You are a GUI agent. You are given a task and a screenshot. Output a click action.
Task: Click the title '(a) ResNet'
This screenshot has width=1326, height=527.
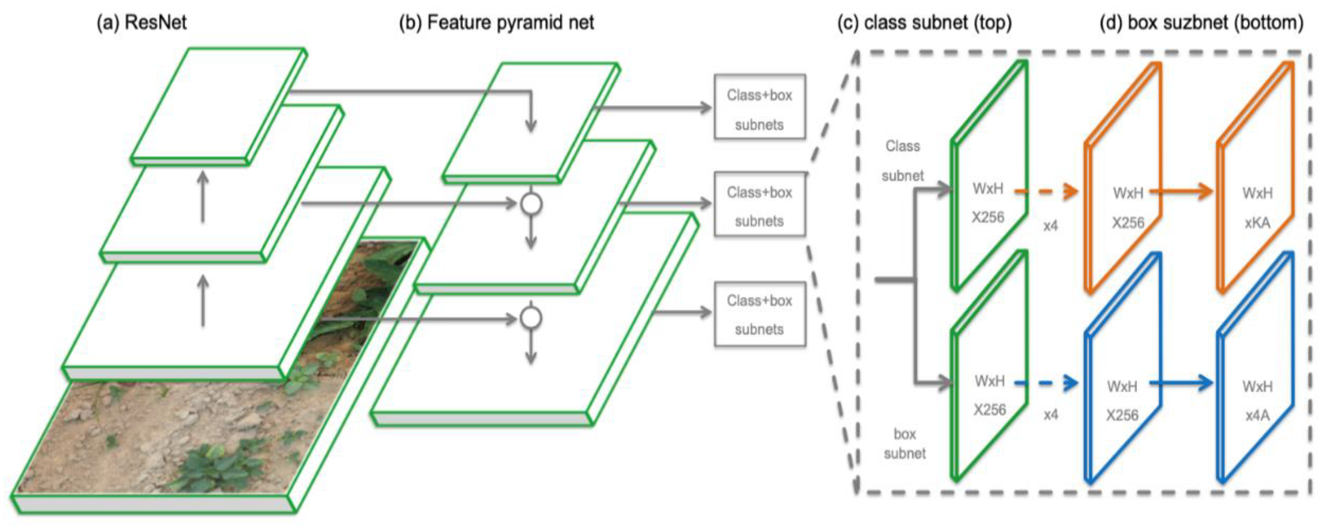click(x=142, y=23)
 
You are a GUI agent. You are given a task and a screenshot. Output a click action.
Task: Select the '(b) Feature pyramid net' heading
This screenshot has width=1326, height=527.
click(x=496, y=23)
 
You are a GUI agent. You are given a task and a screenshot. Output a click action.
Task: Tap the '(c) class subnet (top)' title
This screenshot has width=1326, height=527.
click(x=924, y=23)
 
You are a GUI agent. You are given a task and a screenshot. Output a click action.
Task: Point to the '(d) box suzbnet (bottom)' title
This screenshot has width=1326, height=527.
click(x=1201, y=23)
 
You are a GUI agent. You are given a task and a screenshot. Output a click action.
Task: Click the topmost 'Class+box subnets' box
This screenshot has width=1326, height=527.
click(x=759, y=107)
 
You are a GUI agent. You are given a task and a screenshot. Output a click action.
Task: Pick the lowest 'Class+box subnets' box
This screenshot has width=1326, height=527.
click(x=759, y=314)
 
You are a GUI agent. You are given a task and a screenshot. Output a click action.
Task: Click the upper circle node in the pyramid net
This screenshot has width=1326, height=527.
click(x=531, y=204)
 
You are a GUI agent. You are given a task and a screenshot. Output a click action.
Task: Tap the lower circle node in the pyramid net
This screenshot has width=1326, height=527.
click(x=531, y=318)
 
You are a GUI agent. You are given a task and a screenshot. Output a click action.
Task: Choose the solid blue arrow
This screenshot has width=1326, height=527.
click(x=1181, y=383)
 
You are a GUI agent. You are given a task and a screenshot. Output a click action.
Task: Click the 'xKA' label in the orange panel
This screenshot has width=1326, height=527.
click(x=1257, y=223)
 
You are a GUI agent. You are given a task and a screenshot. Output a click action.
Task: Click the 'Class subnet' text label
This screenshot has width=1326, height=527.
click(x=902, y=161)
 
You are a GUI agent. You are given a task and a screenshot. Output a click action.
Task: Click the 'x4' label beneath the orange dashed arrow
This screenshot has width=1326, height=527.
click(x=1050, y=226)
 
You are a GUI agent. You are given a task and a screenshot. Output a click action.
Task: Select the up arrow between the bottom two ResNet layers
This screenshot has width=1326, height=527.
click(x=203, y=300)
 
